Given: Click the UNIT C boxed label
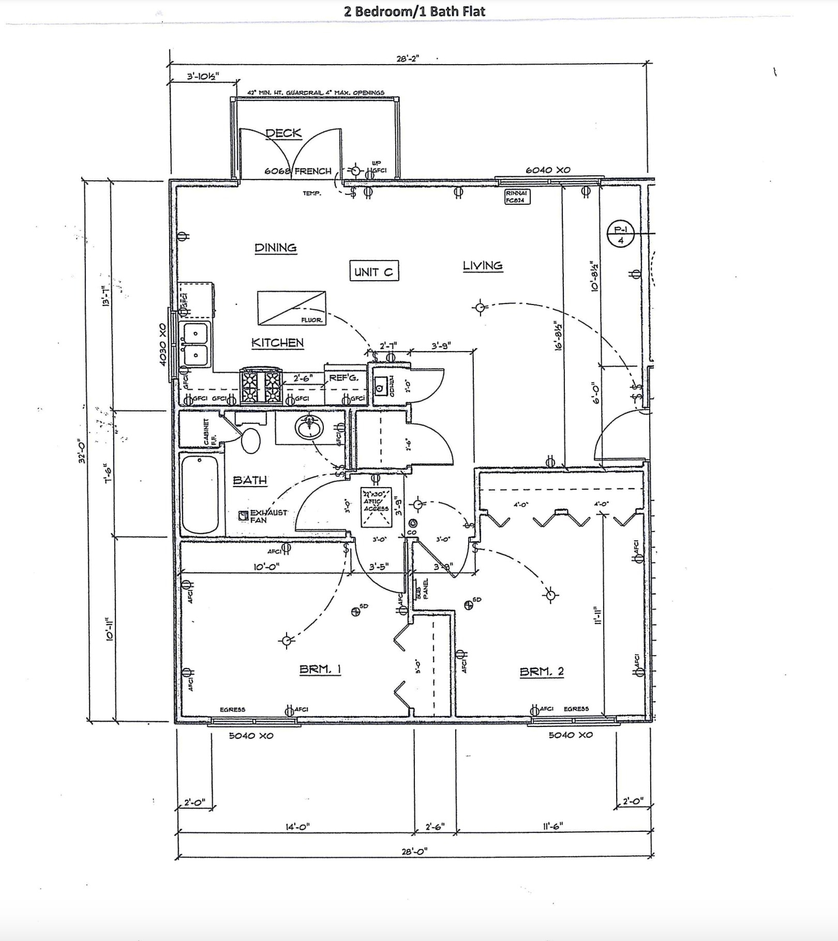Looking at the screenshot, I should pyautogui.click(x=374, y=271).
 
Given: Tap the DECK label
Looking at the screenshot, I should pyautogui.click(x=283, y=133).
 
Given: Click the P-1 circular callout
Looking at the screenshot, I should pyautogui.click(x=620, y=235).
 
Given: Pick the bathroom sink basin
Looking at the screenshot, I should pyautogui.click(x=309, y=428).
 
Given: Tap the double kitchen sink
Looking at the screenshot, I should pyautogui.click(x=196, y=344).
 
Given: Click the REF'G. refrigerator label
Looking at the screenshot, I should pyautogui.click(x=343, y=378).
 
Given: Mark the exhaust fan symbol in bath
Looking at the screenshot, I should pyautogui.click(x=243, y=515).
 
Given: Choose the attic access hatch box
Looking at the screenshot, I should pyautogui.click(x=376, y=507).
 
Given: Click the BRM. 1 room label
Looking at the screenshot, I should pyautogui.click(x=320, y=670).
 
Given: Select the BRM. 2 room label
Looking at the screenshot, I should pyautogui.click(x=542, y=672).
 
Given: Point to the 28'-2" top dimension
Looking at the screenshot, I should pyautogui.click(x=407, y=58).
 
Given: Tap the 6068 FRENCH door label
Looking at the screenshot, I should pyautogui.click(x=297, y=171).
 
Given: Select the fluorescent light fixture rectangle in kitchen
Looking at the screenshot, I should pyautogui.click(x=292, y=308).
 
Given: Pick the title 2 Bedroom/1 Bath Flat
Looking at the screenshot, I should pyautogui.click(x=414, y=11).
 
